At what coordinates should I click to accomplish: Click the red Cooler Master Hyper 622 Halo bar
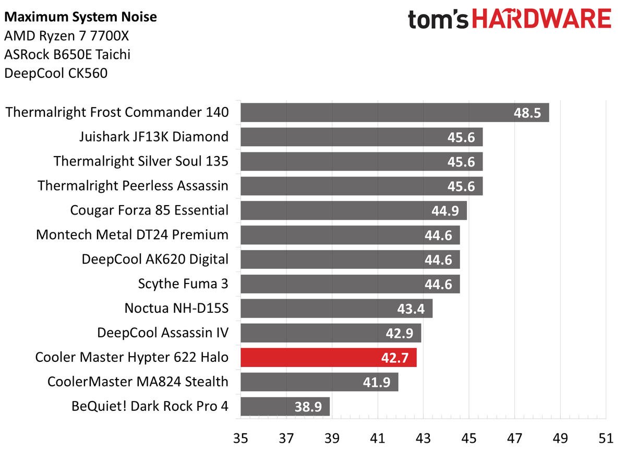[x=328, y=358]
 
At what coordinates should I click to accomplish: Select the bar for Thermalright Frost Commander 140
[x=394, y=112]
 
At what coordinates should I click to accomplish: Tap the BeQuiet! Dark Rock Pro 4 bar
[x=285, y=406]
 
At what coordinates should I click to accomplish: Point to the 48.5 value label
[x=527, y=112]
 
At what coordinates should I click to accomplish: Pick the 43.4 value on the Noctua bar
[x=411, y=309]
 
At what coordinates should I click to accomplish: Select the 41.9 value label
[x=377, y=382]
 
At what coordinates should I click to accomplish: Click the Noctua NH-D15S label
[x=176, y=308]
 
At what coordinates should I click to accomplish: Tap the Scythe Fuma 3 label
[x=183, y=284]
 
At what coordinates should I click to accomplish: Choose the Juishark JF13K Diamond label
[x=154, y=137]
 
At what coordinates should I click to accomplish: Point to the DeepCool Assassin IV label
[x=163, y=333]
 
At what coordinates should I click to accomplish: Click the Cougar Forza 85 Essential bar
[x=353, y=210]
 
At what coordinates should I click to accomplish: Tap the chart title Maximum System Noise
[x=80, y=18]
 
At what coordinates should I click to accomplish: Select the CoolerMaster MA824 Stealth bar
[x=319, y=382]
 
